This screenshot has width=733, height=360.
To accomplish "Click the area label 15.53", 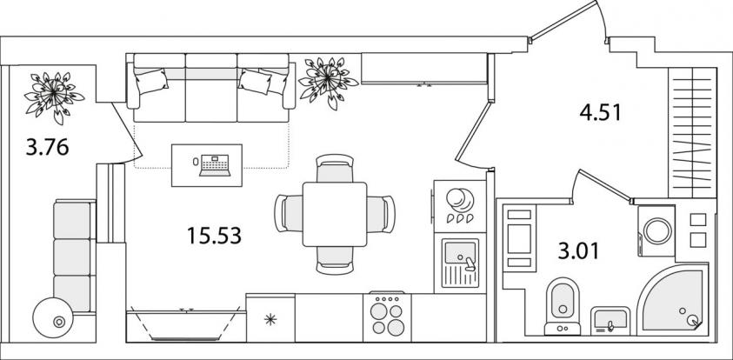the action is pyautogui.click(x=214, y=236).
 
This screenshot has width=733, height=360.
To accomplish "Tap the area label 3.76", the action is pyautogui.click(x=48, y=148).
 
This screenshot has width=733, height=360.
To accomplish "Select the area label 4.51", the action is pyautogui.click(x=600, y=113).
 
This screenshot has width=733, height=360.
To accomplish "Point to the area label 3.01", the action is pyautogui.click(x=578, y=251).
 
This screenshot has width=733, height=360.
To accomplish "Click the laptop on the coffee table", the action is pyautogui.click(x=215, y=165).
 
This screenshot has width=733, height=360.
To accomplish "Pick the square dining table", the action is pyautogui.click(x=335, y=215).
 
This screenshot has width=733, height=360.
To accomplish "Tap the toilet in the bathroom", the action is pyautogui.click(x=563, y=307).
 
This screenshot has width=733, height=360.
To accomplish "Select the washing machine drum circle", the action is pyautogui.click(x=657, y=231).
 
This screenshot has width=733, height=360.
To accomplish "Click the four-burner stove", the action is pyautogui.click(x=387, y=317).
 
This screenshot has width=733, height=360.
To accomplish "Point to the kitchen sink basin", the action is pyautogui.click(x=460, y=253).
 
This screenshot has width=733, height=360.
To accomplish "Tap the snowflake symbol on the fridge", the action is pyautogui.click(x=270, y=320).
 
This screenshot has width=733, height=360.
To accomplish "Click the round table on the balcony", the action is pyautogui.click(x=53, y=318).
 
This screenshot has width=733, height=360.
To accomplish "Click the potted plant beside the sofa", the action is pyautogui.click(x=329, y=83).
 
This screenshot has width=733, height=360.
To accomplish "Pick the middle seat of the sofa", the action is pyautogui.click(x=211, y=88).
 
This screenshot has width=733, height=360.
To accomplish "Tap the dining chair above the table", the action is pyautogui.click(x=335, y=168).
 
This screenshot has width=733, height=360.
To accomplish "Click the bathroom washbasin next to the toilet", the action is pyautogui.click(x=610, y=321).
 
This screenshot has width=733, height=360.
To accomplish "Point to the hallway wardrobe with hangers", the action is pyautogui.click(x=692, y=133).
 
